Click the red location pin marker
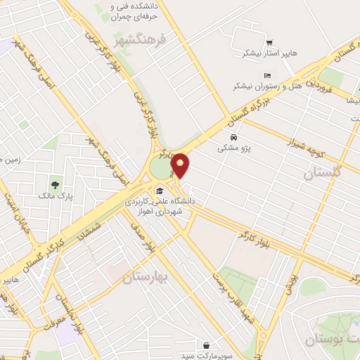click(x=181, y=165)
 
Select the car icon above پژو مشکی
click(x=233, y=137)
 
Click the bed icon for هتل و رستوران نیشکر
click(x=266, y=75)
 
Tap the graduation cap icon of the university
click(x=160, y=190)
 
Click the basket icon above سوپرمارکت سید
click(x=207, y=345)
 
